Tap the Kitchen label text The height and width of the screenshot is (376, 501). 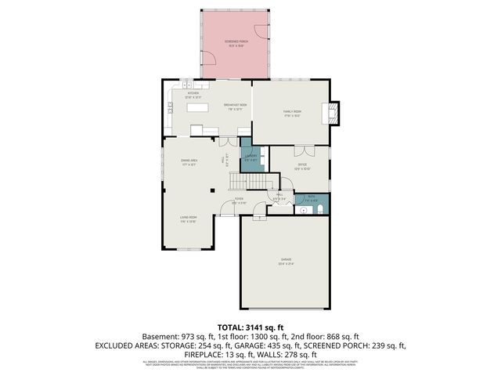[x=193, y=94]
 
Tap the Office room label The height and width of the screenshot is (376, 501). [x=302, y=166]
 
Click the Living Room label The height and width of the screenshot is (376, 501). [x=188, y=219]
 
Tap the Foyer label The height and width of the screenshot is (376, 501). [x=240, y=201]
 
